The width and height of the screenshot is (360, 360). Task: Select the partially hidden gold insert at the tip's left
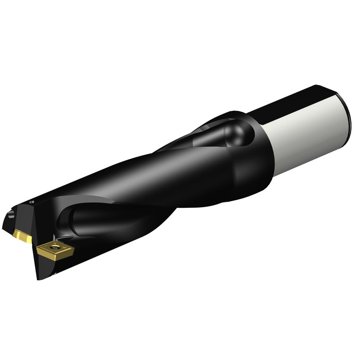pyautogui.click(x=22, y=236)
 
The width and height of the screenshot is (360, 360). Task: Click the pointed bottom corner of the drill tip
pyautogui.click(x=39, y=278)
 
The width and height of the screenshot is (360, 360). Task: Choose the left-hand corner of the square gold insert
pyautogui.click(x=37, y=250)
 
